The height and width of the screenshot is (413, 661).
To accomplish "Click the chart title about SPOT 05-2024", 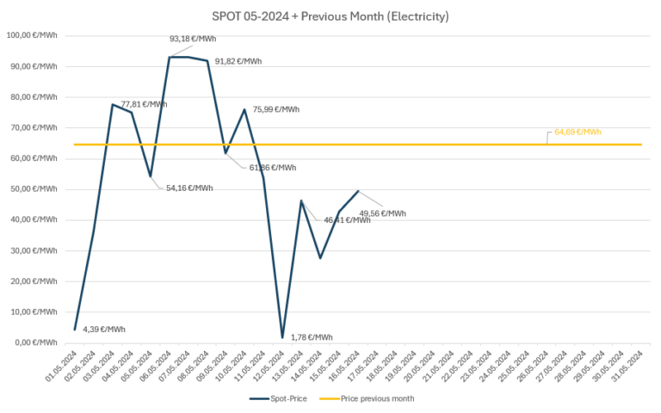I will click(330, 15).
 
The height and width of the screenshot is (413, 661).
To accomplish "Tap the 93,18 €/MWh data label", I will click(193, 39).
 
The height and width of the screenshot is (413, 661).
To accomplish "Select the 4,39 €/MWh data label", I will click(104, 330).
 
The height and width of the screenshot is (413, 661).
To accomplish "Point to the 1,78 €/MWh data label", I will click(312, 338).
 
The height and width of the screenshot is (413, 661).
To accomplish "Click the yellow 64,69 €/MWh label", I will click(578, 132).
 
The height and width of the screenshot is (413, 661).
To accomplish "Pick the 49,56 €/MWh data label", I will click(382, 213).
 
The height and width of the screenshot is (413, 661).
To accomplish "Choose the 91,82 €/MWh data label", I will click(238, 61).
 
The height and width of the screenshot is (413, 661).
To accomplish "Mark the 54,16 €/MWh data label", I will click(188, 188).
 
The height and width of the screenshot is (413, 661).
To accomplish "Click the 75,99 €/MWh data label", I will click(276, 109).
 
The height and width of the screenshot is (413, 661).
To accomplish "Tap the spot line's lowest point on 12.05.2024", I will click(282, 337).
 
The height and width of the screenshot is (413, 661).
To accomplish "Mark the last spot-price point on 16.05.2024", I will click(358, 191).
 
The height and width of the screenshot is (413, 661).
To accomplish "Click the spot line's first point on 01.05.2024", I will click(75, 330).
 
